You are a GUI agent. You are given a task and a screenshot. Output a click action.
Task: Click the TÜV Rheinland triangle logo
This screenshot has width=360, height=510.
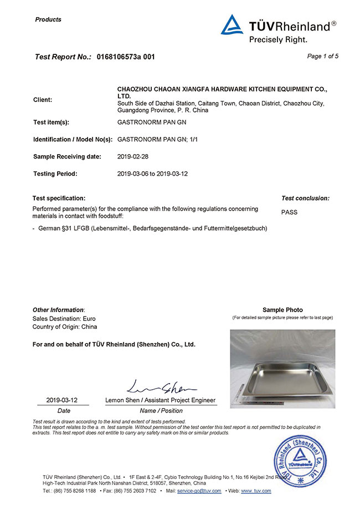(x=232, y=25)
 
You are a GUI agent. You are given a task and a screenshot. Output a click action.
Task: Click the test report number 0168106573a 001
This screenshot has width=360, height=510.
(x=126, y=57)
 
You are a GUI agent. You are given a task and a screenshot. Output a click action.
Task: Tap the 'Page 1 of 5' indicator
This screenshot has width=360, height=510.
(x=322, y=56)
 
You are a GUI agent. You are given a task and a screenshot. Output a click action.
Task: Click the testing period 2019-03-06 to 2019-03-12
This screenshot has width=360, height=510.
(x=153, y=174)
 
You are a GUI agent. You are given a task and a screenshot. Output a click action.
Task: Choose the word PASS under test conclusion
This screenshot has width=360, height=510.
(x=290, y=212)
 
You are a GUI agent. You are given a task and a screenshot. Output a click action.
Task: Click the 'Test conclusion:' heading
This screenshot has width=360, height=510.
(x=305, y=198)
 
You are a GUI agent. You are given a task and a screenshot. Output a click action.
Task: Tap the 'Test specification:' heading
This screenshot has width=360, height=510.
(x=59, y=198)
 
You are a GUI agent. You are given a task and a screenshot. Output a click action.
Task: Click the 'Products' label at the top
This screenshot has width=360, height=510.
(x=48, y=19)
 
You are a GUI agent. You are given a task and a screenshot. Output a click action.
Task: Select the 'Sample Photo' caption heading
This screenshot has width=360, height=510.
(x=282, y=310)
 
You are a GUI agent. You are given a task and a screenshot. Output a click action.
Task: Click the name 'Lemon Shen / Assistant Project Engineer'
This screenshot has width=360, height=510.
(x=160, y=400)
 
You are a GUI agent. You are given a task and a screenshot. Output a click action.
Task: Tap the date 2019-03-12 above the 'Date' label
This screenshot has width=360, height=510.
(x=61, y=400)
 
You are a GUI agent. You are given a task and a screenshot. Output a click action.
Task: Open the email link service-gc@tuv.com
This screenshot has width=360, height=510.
(x=199, y=491)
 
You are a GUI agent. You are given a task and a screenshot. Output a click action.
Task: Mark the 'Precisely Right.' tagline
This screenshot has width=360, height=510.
(x=277, y=39)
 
